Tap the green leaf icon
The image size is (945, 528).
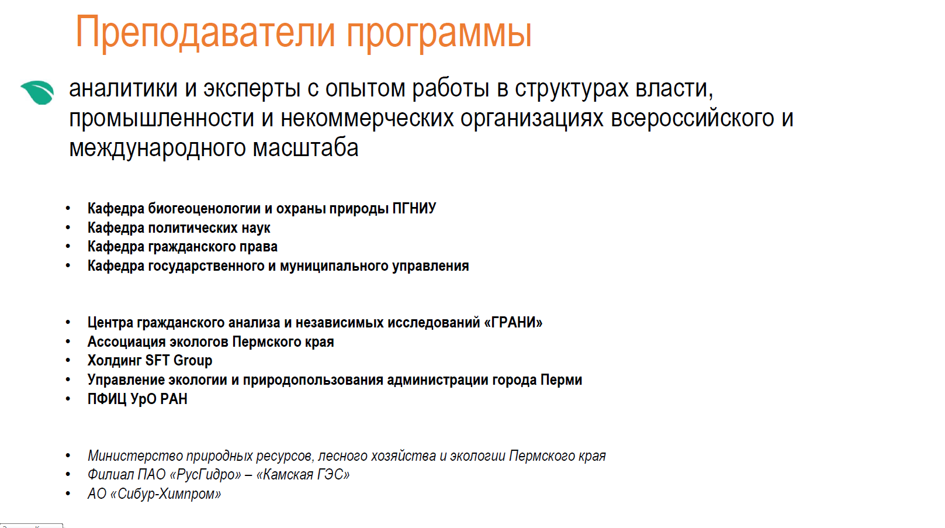(37, 92)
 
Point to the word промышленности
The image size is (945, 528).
(161, 119)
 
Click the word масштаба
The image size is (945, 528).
(306, 148)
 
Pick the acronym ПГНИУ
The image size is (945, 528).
(414, 209)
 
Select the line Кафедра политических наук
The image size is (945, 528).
(179, 228)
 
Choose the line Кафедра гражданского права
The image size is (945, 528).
(183, 247)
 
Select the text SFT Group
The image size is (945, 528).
(178, 360)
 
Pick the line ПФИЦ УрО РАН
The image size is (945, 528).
(137, 399)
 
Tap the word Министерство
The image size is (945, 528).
(135, 456)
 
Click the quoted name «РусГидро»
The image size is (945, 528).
(206, 475)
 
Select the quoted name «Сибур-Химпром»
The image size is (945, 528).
(165, 494)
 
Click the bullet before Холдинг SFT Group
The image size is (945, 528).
(68, 360)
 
